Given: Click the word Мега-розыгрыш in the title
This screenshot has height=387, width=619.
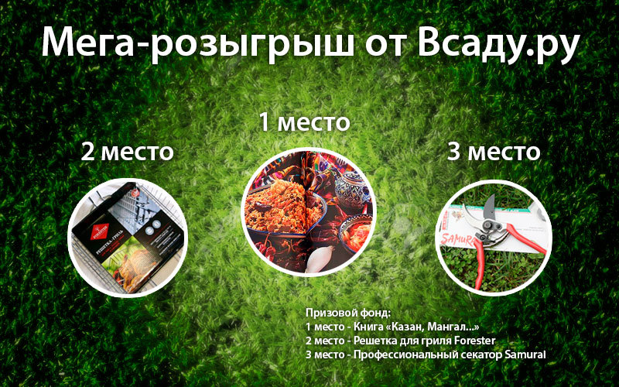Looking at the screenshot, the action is click(197, 43).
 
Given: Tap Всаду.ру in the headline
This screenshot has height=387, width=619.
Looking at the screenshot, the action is click(498, 43).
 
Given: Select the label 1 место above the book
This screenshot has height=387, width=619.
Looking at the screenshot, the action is click(304, 122).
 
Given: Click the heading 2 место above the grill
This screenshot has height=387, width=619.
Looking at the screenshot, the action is click(127, 152).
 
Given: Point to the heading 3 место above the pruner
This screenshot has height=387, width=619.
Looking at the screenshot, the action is click(494, 152).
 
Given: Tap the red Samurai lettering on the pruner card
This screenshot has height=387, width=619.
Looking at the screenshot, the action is click(457, 240).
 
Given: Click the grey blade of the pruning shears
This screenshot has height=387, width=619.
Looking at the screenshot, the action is click(489, 207).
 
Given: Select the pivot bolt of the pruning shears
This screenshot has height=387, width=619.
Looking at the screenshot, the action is click(491, 226).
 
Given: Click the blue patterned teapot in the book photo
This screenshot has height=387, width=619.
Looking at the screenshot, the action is click(351, 189).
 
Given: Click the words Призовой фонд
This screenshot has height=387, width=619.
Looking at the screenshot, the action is click(347, 313).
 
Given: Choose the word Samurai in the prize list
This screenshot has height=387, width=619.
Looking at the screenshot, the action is click(525, 354).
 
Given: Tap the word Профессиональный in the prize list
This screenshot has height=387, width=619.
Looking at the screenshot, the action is click(403, 354).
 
